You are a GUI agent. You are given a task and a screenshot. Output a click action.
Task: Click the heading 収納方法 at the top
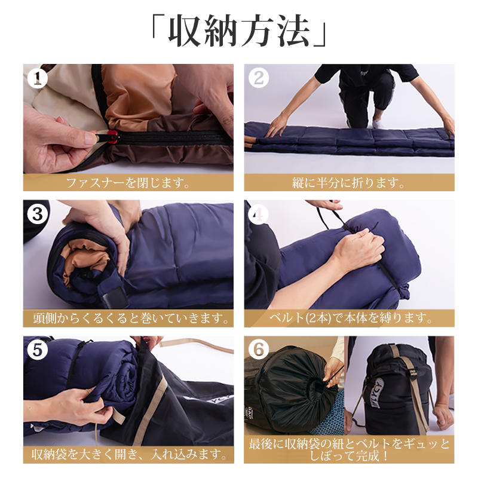click(240, 30)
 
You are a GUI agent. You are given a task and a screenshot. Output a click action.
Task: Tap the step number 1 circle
click(38, 78)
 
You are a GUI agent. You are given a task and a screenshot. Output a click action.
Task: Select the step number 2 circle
click(259, 78)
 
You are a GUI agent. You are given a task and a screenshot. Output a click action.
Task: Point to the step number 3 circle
click(38, 214)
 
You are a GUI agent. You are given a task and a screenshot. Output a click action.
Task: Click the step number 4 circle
click(259, 214)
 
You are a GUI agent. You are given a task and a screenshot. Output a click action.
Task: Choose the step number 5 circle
click(38, 350)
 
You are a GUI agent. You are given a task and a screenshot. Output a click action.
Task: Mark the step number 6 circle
click(259, 350)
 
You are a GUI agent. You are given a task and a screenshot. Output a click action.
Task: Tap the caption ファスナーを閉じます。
click(128, 183)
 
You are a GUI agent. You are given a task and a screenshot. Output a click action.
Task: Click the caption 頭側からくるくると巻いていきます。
click(131, 318)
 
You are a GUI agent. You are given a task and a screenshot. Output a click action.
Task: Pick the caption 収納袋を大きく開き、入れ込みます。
click(129, 455)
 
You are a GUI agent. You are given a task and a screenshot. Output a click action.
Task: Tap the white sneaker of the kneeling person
click(378, 123)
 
